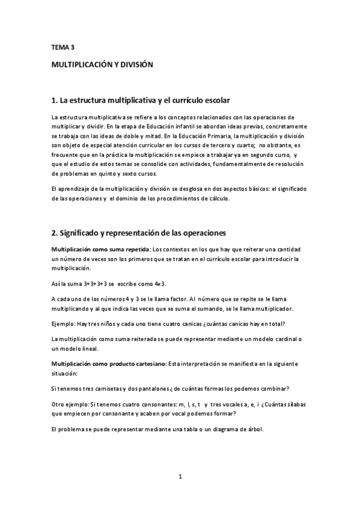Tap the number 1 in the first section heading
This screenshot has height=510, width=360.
pyautogui.click(x=54, y=99)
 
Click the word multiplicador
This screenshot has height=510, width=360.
pyautogui.click(x=272, y=309)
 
